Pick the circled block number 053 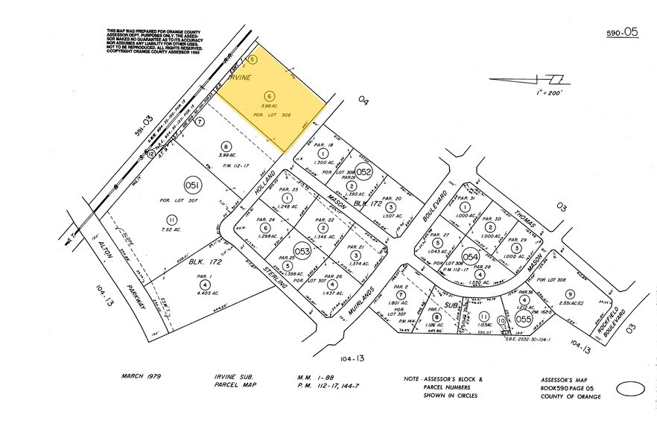pyautogui.click(x=302, y=251)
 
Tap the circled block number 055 pyautogui.click(x=524, y=319)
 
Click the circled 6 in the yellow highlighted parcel pyautogui.click(x=270, y=95)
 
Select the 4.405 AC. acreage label pyautogui.click(x=203, y=293)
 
